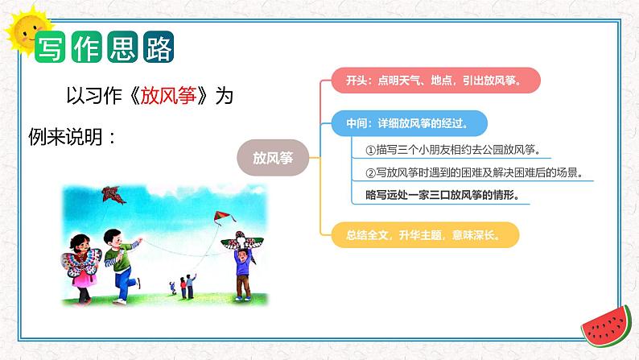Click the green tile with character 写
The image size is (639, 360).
(50, 47)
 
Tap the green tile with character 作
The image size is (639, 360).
(86, 47)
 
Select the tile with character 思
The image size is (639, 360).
(122, 47)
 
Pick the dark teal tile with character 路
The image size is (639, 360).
(159, 47)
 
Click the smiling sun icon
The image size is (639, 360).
(24, 31)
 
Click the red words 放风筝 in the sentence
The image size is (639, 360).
(169, 96)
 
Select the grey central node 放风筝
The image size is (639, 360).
(273, 158)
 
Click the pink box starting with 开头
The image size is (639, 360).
(435, 81)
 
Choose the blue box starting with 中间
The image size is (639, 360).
(409, 123)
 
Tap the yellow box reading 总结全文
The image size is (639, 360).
(425, 235)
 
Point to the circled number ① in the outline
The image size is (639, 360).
(370, 151)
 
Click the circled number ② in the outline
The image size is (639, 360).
(370, 173)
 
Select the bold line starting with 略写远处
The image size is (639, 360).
(443, 195)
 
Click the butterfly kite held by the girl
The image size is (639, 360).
(80, 263)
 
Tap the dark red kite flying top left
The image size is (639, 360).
(113, 195)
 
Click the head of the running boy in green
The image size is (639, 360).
(113, 238)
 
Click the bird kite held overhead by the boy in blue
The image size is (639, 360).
(242, 242)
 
